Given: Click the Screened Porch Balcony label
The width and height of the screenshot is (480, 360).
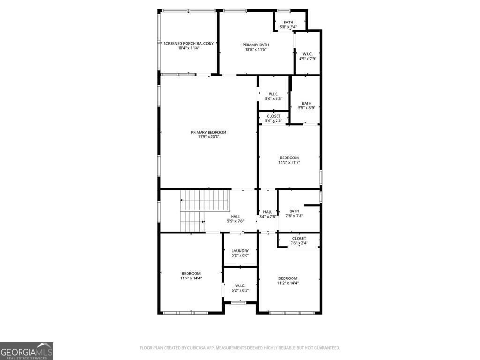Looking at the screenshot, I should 188,44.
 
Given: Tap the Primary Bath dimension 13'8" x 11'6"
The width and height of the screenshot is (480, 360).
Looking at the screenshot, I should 255,49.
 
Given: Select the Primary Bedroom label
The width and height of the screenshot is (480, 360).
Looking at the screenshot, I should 209,132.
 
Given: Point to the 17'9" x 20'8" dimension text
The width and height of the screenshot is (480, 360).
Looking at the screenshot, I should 209,137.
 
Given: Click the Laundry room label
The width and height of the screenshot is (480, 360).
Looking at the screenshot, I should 240,251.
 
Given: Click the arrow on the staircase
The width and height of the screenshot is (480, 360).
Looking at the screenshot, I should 182,200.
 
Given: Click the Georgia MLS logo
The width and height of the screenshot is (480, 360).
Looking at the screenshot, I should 27,351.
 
